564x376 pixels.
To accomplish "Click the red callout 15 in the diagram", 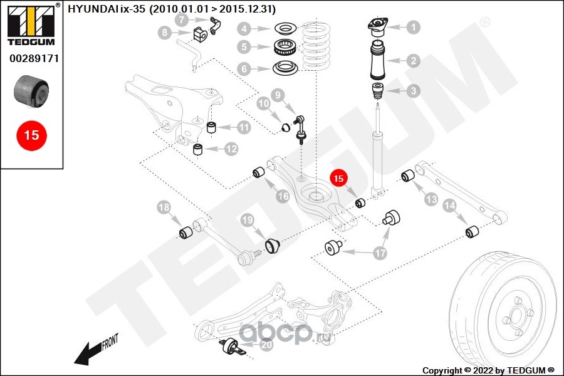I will coord(338,178).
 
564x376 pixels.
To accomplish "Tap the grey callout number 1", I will coord(413,27).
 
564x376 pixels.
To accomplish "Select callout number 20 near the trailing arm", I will coord(266,344).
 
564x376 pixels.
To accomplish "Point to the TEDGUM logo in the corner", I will coord(31,25).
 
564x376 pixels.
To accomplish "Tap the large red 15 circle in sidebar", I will coord(31,135).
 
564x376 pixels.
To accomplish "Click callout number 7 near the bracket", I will coord(181,20).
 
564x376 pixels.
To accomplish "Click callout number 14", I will coord(449,205).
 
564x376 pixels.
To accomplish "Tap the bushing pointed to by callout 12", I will coord(198,149).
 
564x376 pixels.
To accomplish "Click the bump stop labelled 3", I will coord(378,90).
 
